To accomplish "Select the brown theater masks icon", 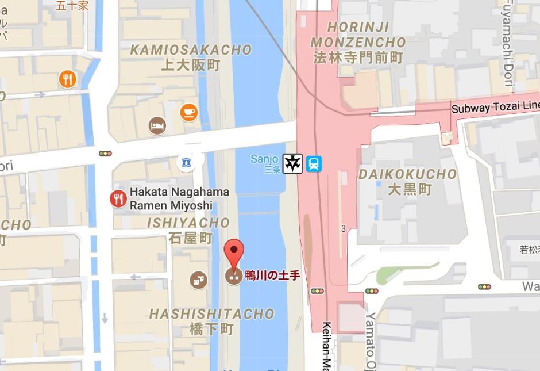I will [x=198, y=280].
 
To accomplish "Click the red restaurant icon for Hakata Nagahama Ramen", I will [x=118, y=199].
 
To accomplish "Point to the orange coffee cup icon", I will [x=188, y=112].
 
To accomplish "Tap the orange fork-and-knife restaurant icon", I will [x=67, y=79].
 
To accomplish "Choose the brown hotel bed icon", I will [x=157, y=125].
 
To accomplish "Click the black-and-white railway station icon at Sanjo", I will [x=292, y=163].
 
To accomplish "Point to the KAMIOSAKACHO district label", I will [x=191, y=50].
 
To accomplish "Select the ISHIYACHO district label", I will [x=188, y=223].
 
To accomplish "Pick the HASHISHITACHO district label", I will [x=211, y=314].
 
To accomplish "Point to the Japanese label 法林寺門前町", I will [x=357, y=58].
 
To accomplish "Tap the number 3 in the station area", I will [x=344, y=228].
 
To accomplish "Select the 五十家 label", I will [x=72, y=6].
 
